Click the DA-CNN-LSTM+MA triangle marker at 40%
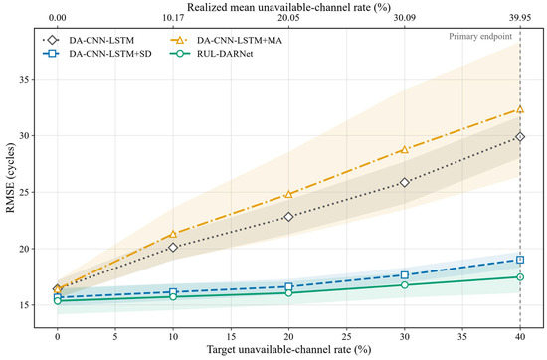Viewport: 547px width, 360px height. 520,109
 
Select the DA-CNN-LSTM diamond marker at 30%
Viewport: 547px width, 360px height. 405,182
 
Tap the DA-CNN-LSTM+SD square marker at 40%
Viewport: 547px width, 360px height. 520,260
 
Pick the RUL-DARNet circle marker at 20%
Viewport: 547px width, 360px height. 288,293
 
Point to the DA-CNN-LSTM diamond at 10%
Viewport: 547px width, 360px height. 173,248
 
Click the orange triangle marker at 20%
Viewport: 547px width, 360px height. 288,194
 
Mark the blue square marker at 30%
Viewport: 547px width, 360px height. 405,275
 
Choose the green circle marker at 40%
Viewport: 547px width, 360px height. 520,277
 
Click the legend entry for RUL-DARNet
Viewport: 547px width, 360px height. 212,54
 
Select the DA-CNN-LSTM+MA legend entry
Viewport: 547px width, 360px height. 226,41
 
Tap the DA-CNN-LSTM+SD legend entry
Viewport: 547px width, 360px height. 97,54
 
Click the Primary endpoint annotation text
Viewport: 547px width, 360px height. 480,36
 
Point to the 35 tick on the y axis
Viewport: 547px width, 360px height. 25,80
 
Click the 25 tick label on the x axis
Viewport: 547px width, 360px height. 346,336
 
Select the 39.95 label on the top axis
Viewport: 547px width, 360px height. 520,18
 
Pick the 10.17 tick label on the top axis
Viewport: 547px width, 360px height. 173,18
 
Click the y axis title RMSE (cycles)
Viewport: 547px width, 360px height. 11,178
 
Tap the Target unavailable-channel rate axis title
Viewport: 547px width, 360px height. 288,349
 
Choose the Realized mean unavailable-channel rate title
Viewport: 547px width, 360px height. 288,7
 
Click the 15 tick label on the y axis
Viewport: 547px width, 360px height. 25,305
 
